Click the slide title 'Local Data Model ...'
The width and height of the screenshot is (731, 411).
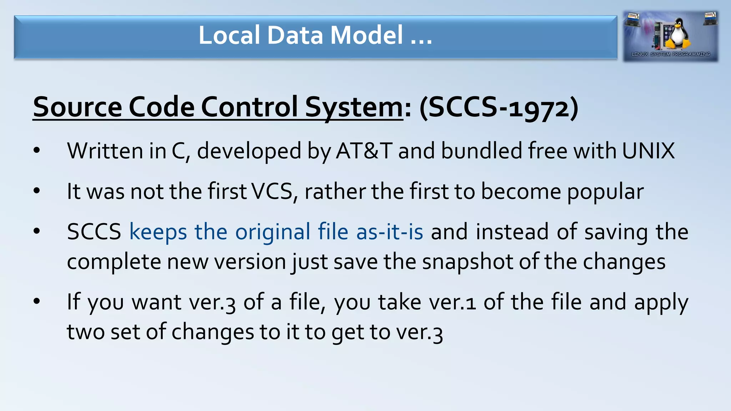pos(315,35)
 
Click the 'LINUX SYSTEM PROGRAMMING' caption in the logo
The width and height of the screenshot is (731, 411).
pos(671,54)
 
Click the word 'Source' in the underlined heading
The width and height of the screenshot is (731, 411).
pos(77,107)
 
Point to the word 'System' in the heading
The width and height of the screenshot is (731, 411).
pos(354,107)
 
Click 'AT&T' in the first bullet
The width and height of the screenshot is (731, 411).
pos(364,151)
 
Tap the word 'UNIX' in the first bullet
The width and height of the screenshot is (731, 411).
pos(648,151)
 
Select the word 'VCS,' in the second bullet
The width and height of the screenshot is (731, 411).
pos(275,191)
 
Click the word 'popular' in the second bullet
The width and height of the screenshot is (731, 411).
pos(605,192)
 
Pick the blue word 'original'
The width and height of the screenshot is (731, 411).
pos(273,232)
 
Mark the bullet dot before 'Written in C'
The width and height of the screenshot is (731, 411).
pos(37,151)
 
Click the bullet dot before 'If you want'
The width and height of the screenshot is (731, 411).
pos(37,302)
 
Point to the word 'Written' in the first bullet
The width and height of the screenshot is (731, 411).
pos(105,151)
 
